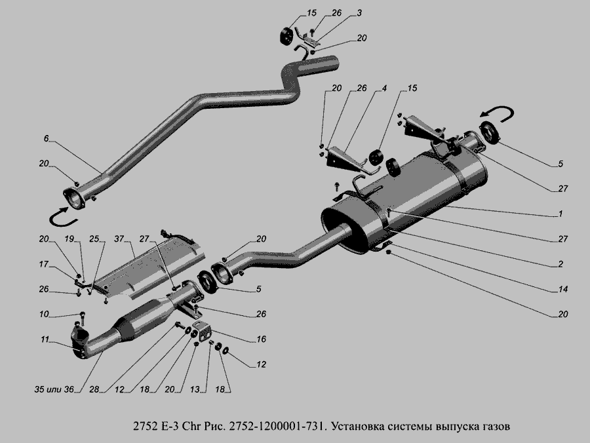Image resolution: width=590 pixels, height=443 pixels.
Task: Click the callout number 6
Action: (46, 138)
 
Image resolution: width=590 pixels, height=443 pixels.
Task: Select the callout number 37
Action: (119, 239)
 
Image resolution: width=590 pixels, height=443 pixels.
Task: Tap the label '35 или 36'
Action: (54, 389)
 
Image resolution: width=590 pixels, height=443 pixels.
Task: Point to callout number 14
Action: (563, 289)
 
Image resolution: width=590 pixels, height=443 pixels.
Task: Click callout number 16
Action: (261, 339)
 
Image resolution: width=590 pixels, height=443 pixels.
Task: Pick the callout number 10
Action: (44, 314)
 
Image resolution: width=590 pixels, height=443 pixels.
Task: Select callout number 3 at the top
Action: (359, 13)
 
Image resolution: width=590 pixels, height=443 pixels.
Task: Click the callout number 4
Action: (384, 88)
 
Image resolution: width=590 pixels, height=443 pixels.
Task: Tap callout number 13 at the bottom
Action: (195, 389)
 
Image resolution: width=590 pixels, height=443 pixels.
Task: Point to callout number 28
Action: (94, 389)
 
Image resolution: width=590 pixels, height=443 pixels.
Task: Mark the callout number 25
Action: (94, 239)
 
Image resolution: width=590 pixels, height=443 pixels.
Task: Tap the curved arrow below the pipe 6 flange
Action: (63, 218)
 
